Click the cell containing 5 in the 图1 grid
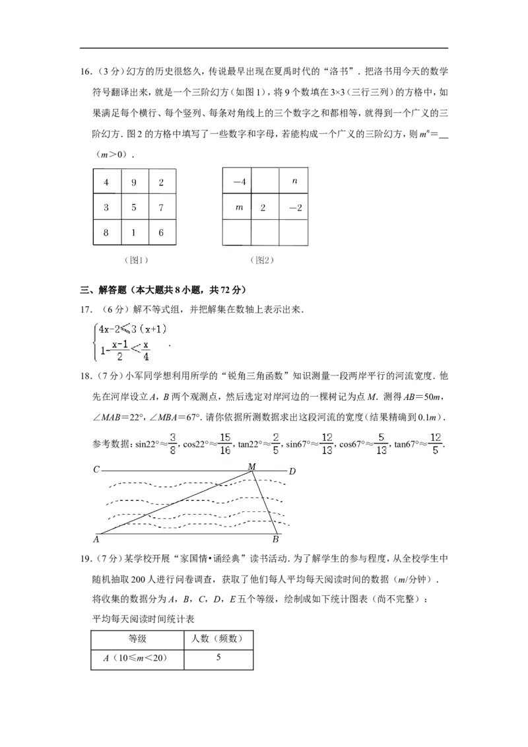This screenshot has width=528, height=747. tap(135, 207)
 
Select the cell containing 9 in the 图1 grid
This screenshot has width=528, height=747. tap(135, 182)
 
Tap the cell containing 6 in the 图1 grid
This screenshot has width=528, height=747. tap(162, 232)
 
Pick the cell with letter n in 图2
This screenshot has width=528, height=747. tap(294, 181)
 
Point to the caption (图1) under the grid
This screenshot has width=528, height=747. tap(136, 260)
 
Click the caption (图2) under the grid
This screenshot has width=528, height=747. tap(262, 260)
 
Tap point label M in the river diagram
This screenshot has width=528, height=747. tap(252, 467)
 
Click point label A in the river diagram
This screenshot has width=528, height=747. tap(96, 539)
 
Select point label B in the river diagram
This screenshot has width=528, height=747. tap(275, 539)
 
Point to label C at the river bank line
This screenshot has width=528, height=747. tap(96, 470)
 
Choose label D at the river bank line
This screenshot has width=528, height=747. tap(292, 471)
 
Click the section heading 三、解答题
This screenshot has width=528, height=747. tap(103, 290)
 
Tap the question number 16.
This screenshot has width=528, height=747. tap(86, 72)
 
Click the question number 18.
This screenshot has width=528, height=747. tap(86, 376)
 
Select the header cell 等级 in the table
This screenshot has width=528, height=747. tap(137, 639)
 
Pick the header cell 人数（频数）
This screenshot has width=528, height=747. tap(218, 639)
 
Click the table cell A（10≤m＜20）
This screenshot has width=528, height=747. tap(137, 659)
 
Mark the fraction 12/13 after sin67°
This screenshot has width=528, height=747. tap(327, 443)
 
